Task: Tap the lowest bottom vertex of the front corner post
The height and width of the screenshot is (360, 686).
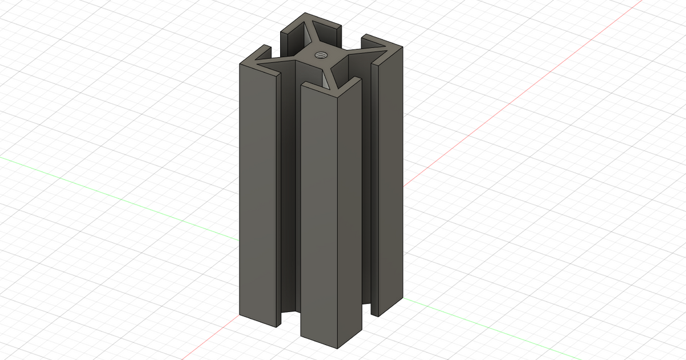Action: [x=337, y=348]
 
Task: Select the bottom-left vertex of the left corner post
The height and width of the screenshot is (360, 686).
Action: [x=240, y=314]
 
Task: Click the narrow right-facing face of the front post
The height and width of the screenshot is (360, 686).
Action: [x=350, y=217]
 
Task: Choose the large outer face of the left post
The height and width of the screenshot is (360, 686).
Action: [x=258, y=194]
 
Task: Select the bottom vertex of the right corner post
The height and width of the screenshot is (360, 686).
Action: [x=378, y=315]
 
